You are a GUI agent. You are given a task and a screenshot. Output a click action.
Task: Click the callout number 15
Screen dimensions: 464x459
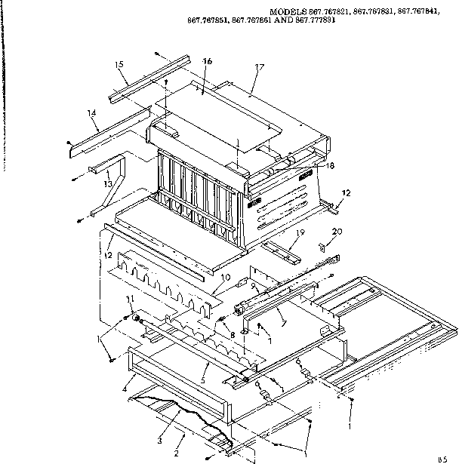(x=119, y=65)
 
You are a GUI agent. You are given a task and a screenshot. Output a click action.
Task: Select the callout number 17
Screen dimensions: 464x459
(x=259, y=67)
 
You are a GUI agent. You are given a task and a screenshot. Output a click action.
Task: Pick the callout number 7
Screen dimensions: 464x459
(x=282, y=324)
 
